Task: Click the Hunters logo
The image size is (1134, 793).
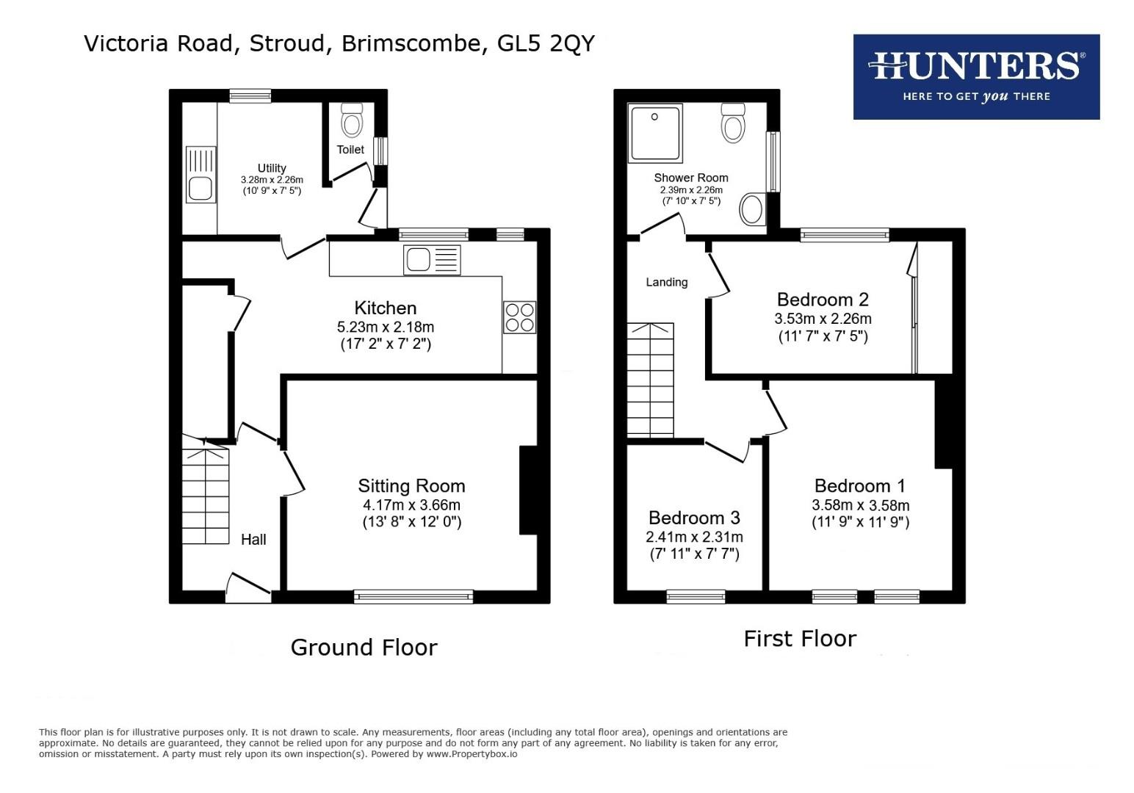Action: coord(975,76)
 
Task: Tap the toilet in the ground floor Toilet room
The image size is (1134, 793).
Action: coord(353,121)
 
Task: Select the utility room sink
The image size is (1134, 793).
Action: coord(200,175)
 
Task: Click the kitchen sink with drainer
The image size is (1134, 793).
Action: coord(431,261)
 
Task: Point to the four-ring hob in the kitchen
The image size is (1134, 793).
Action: coord(519,317)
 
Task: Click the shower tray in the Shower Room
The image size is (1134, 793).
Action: coord(654,132)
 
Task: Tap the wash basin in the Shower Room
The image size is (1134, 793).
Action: coord(752,209)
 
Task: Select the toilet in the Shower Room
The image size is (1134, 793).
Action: coord(733,123)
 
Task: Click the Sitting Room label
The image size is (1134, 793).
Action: coord(411,486)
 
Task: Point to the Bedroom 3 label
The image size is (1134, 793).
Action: coord(694,518)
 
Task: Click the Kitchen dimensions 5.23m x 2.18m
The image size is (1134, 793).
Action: coord(386,327)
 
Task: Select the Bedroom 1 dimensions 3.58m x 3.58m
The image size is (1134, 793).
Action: coord(860,505)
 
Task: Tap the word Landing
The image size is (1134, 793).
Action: coord(667,282)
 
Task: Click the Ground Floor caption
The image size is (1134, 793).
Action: coord(364,647)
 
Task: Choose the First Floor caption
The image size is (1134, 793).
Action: coord(800,638)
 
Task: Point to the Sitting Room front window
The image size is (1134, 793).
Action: coord(413,596)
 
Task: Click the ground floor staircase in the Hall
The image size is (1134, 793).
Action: coord(206,496)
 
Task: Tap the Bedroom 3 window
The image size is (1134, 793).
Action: coord(696,596)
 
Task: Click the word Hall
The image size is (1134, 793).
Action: coord(253,540)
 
